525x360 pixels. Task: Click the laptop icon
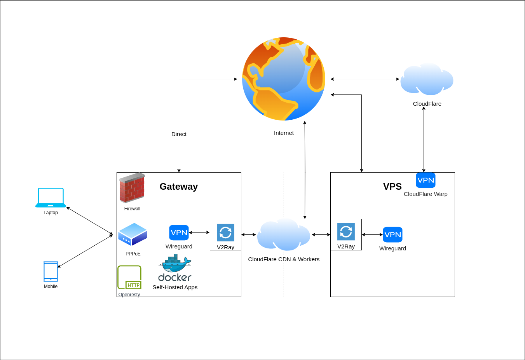pyautogui.click(x=51, y=198)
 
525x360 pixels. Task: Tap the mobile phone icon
pyautogui.click(x=51, y=271)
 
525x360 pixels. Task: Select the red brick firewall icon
pyautogui.click(x=132, y=188)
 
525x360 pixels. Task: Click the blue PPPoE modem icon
pyautogui.click(x=133, y=234)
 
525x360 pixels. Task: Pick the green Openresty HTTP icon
pyautogui.click(x=129, y=278)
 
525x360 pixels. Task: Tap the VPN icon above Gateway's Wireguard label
pyautogui.click(x=179, y=232)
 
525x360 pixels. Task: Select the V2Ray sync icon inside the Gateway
pyautogui.click(x=225, y=232)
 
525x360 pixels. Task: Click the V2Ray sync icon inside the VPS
pyautogui.click(x=346, y=232)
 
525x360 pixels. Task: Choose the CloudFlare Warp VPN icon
pyautogui.click(x=426, y=180)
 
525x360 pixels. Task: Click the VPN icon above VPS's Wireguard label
pyautogui.click(x=392, y=234)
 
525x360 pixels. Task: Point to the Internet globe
pyautogui.click(x=284, y=79)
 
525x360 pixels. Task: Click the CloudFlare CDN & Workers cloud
pyautogui.click(x=284, y=234)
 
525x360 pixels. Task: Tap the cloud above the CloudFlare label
pyautogui.click(x=427, y=79)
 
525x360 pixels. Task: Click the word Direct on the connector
pyautogui.click(x=179, y=134)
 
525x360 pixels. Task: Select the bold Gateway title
pyautogui.click(x=179, y=187)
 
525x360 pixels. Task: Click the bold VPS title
pyautogui.click(x=392, y=187)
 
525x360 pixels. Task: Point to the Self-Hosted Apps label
pyautogui.click(x=175, y=287)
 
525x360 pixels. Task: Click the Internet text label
pyautogui.click(x=284, y=133)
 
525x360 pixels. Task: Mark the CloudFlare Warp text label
pyautogui.click(x=426, y=194)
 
